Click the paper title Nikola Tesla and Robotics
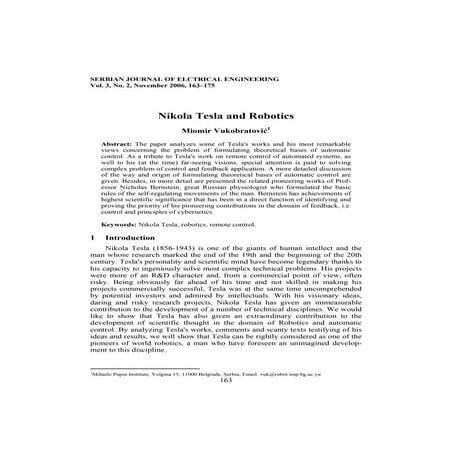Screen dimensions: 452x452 pyautogui.click(x=225, y=116)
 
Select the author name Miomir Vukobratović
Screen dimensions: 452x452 pyautogui.click(x=225, y=132)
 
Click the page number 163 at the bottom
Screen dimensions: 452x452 pyautogui.click(x=225, y=408)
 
